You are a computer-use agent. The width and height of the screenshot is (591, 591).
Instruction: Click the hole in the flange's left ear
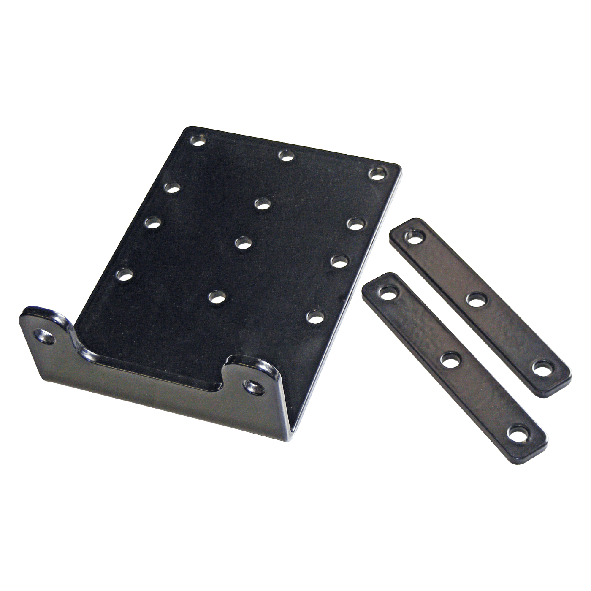46,337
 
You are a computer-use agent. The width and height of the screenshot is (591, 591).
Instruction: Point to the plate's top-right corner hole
377,173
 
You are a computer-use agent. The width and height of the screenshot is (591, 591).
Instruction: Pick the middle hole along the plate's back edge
286,155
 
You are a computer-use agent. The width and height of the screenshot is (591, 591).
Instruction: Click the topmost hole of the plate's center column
262,204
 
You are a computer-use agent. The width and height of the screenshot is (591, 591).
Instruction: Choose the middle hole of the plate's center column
243,243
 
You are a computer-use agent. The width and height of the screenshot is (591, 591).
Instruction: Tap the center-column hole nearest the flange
217,295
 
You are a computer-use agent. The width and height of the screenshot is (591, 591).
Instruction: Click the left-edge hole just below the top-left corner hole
171,187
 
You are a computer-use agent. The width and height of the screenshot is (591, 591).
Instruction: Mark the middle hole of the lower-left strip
450,361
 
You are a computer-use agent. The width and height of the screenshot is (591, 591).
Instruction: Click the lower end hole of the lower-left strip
518,433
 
